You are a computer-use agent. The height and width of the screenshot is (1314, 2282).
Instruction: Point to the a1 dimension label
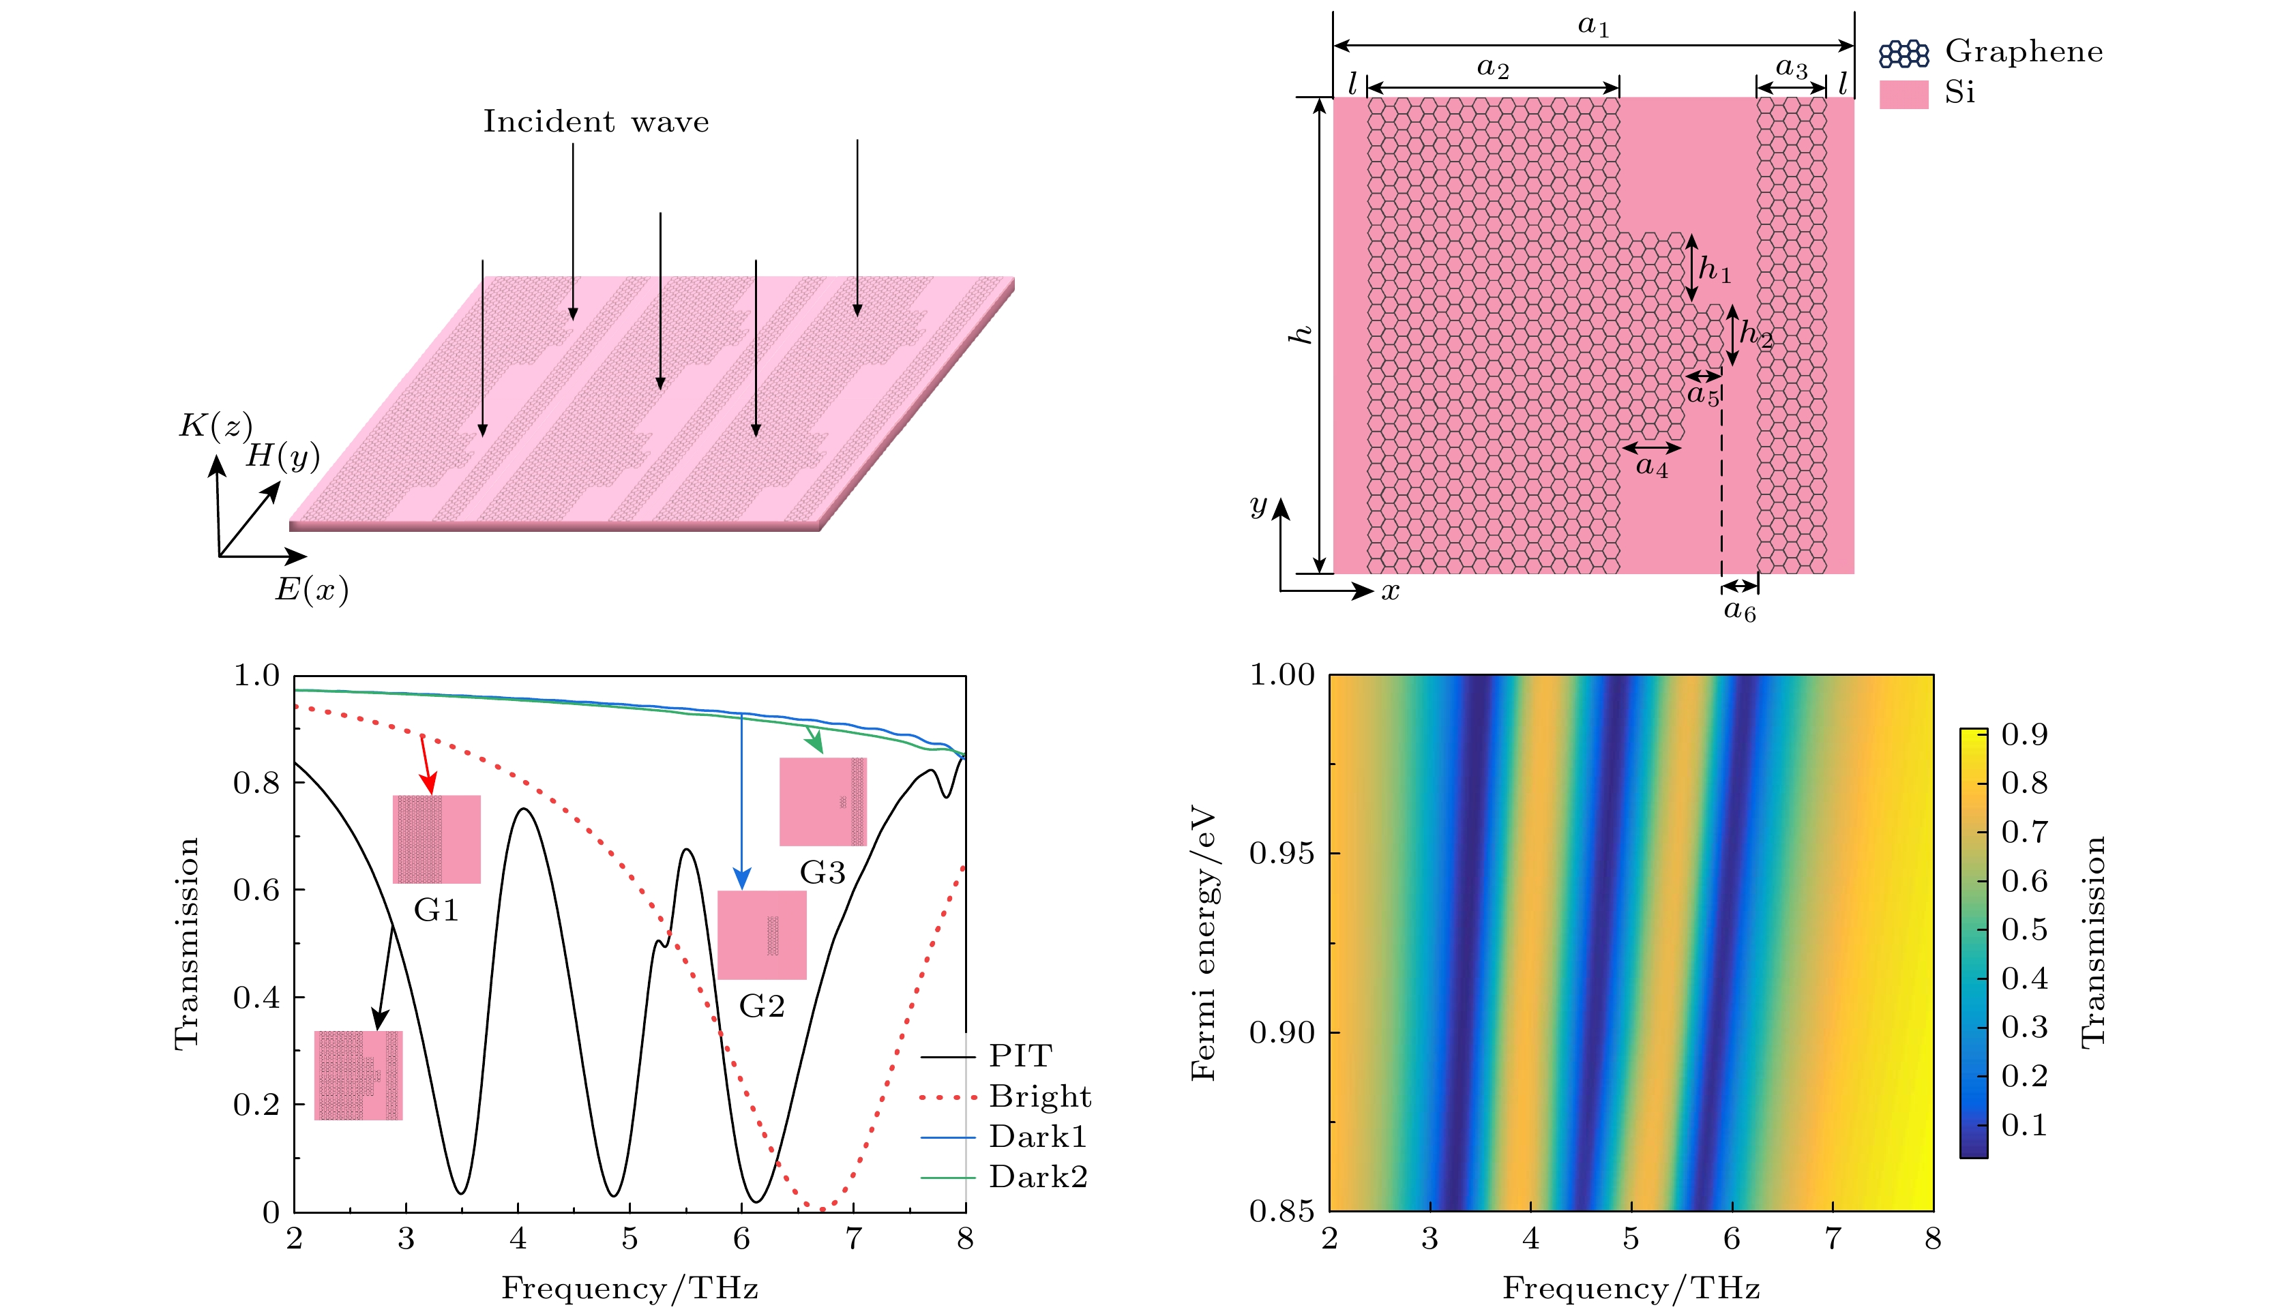click(x=1594, y=26)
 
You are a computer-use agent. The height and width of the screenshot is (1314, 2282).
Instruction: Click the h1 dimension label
click(x=1715, y=269)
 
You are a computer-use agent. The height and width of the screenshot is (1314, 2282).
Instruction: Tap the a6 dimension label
click(x=1740, y=612)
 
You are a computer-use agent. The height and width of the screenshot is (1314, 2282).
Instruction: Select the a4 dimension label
click(x=1653, y=466)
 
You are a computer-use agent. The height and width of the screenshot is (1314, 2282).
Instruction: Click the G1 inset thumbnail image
click(x=436, y=839)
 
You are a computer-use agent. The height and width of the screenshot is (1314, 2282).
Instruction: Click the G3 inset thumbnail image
click(x=823, y=801)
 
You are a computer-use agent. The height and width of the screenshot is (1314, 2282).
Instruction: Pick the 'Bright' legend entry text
click(x=1039, y=1096)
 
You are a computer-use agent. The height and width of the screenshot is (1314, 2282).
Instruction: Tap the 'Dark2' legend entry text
click(x=1038, y=1177)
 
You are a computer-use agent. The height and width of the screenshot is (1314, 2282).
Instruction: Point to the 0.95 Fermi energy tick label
click(x=1282, y=854)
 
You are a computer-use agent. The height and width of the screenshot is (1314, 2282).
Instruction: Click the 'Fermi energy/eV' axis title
click(x=1204, y=944)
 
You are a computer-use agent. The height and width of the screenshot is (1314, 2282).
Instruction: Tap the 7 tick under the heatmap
click(x=1832, y=1239)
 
